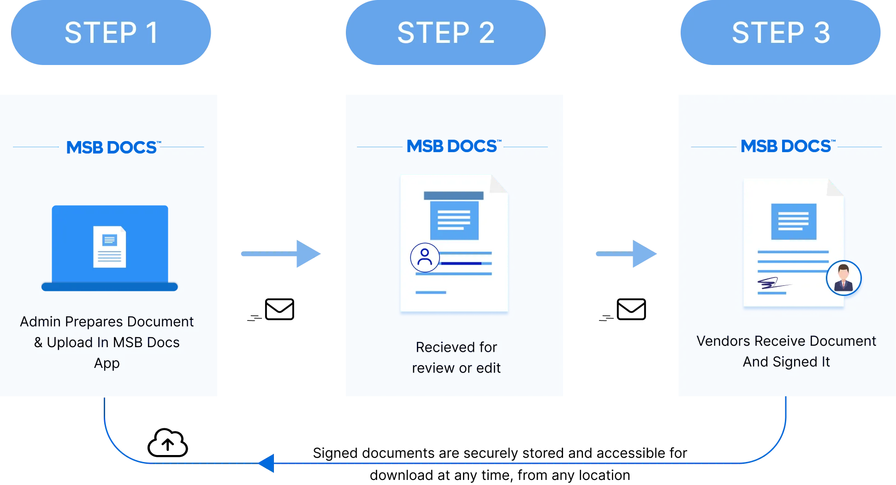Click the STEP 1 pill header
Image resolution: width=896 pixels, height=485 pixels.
111,33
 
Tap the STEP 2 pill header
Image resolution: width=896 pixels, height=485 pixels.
445,33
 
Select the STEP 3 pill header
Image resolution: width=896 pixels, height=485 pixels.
780,33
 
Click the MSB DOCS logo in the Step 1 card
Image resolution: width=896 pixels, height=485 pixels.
112,148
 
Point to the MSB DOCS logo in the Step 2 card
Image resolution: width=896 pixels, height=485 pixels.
452,147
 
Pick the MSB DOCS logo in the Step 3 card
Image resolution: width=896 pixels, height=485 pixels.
786,147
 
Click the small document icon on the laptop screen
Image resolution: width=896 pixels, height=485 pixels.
109,247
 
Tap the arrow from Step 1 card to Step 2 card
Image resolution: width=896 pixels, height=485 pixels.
280,254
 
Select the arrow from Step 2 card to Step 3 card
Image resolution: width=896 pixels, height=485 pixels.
626,254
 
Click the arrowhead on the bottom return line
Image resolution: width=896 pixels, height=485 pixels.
267,463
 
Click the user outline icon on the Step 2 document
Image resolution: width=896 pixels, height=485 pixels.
424,257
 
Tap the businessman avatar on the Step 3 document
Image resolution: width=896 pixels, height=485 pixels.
843,278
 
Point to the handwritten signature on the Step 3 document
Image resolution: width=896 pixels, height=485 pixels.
770,283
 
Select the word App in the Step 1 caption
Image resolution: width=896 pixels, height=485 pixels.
107,363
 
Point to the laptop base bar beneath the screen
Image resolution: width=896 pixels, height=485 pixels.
109,287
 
